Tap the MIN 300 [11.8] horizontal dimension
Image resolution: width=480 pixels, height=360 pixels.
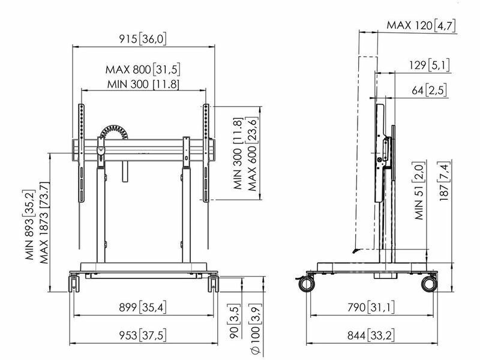click(x=143, y=84)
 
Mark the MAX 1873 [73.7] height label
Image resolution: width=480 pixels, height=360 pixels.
click(x=44, y=223)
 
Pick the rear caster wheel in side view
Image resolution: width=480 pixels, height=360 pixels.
click(x=429, y=284)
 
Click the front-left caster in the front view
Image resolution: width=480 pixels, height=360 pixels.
click(x=74, y=284)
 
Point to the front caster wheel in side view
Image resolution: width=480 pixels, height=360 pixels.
click(x=307, y=284)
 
